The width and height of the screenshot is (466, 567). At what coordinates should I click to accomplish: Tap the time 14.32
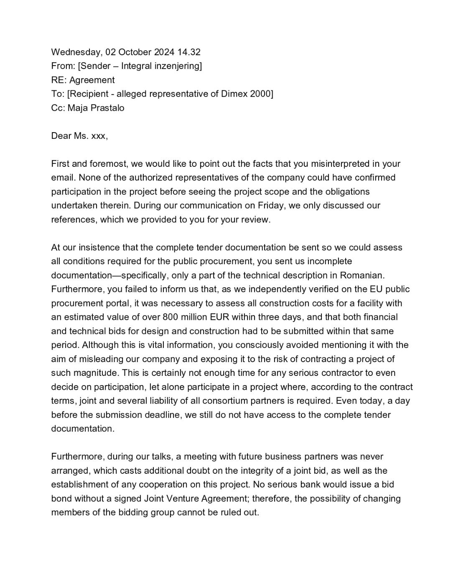click(189, 52)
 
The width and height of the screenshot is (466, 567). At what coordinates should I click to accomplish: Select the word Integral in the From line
click(136, 66)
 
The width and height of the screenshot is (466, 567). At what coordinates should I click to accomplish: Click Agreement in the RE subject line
click(92, 80)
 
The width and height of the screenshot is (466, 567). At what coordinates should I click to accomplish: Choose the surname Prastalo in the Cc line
click(107, 108)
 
